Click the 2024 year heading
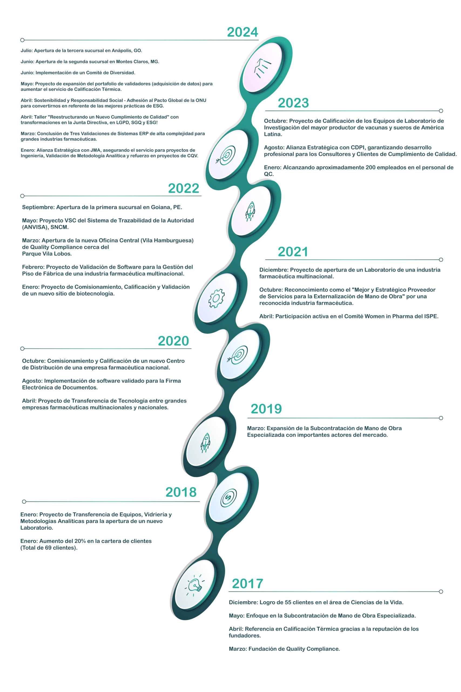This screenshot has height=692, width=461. [x=243, y=32]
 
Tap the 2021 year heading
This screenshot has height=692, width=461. [x=293, y=252]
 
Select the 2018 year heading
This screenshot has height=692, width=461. [x=181, y=492]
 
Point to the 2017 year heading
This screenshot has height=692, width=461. [x=248, y=583]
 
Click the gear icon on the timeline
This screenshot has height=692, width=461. [x=216, y=298]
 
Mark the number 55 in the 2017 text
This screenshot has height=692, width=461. [x=288, y=602]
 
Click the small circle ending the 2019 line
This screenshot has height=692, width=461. [x=441, y=418]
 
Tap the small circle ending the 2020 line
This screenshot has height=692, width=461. [x=22, y=349]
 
